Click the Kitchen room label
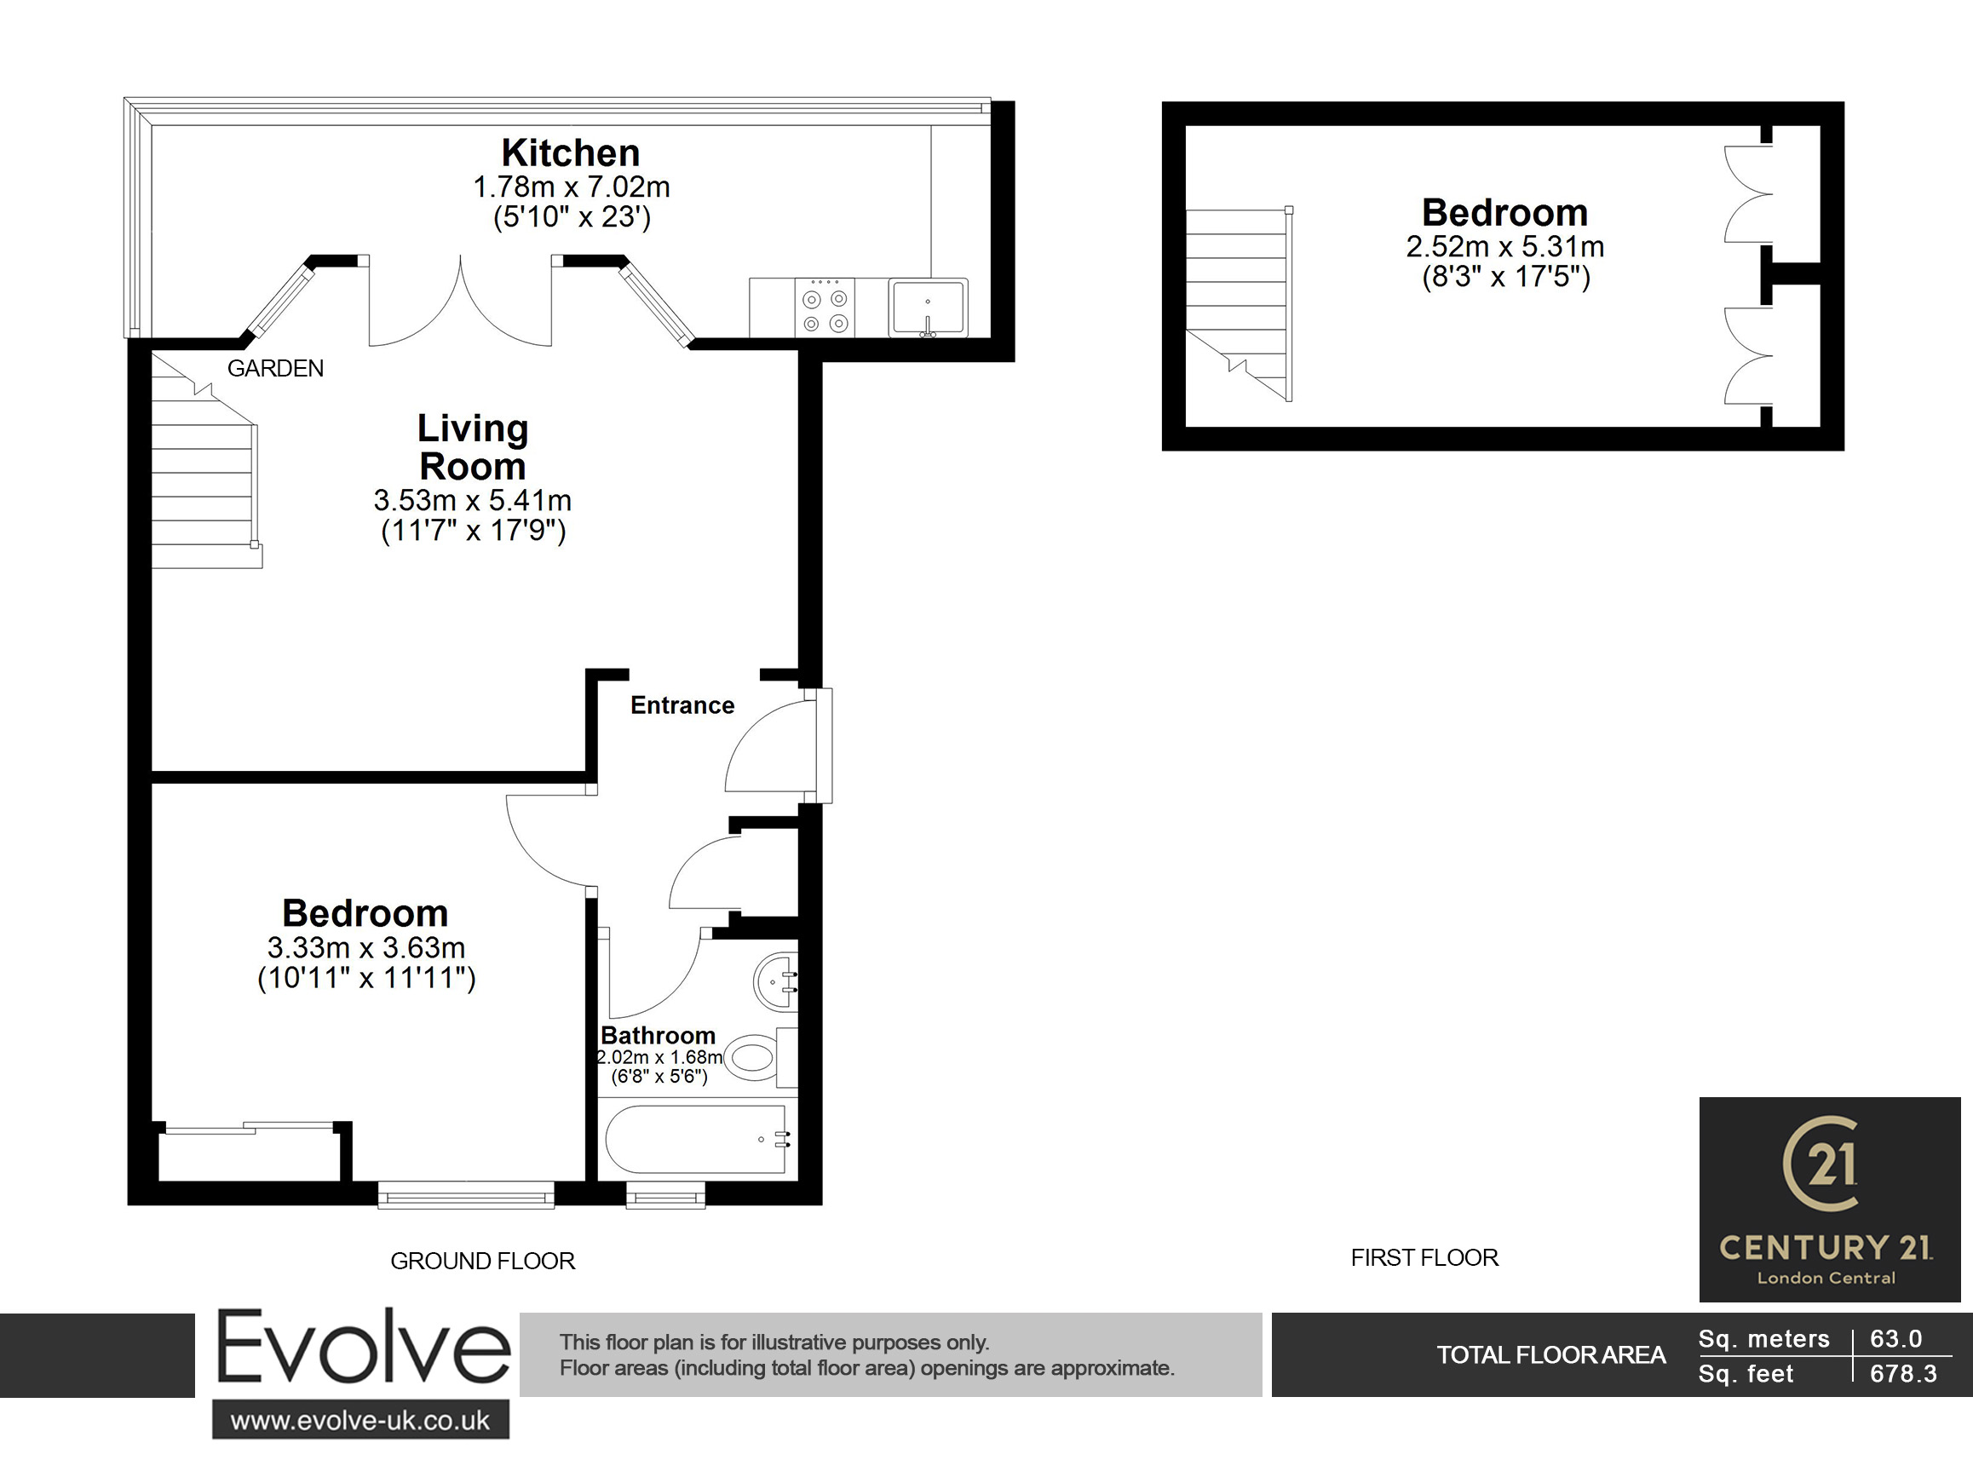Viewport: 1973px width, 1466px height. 570,152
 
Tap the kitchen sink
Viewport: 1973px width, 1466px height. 928,308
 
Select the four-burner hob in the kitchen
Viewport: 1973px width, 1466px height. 825,308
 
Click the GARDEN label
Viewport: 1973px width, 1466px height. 275,368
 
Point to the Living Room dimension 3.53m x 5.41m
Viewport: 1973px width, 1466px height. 472,501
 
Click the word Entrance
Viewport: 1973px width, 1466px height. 682,705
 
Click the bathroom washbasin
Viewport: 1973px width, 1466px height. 776,981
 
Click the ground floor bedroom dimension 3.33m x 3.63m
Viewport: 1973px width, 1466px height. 365,948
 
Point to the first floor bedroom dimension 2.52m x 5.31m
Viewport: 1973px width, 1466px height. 1504,247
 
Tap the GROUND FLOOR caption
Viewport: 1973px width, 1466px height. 483,1261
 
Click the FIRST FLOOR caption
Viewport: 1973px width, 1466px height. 1424,1257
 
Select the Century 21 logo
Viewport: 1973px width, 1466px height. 1829,1199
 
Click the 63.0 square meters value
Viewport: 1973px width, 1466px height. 1895,1338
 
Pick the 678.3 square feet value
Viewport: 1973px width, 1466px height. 1903,1374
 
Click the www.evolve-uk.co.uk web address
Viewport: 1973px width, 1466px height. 360,1421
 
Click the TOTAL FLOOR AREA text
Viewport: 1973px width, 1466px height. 1550,1355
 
